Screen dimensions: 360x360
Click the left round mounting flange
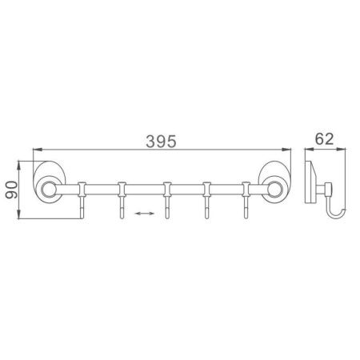pyautogui.click(x=50, y=190)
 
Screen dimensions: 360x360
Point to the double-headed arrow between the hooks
pyautogui.click(x=144, y=214)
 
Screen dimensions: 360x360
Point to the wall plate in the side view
pyautogui.click(x=310, y=190)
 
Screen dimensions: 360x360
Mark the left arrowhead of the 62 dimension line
pyautogui.click(x=307, y=150)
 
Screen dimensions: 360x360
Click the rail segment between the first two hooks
pyautogui.click(x=102, y=190)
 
